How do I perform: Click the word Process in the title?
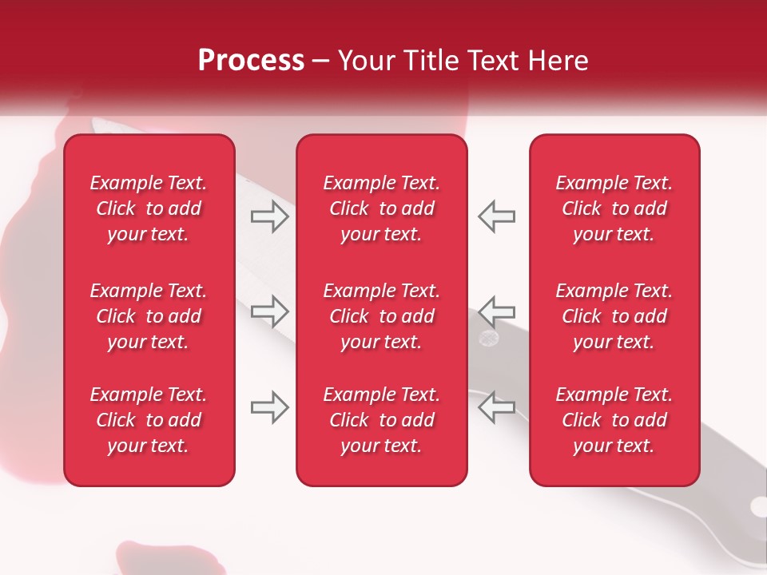pyautogui.click(x=251, y=61)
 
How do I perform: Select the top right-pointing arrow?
pyautogui.click(x=270, y=216)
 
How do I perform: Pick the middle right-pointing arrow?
pyautogui.click(x=270, y=310)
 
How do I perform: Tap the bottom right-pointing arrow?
pyautogui.click(x=270, y=407)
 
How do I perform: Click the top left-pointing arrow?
pyautogui.click(x=496, y=216)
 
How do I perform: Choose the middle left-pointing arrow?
pyautogui.click(x=496, y=310)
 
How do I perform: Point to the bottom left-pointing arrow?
pyautogui.click(x=496, y=407)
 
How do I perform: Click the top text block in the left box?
pyautogui.click(x=149, y=208)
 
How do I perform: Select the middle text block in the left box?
pyautogui.click(x=149, y=316)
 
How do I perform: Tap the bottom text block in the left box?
pyautogui.click(x=149, y=420)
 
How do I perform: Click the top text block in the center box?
pyautogui.click(x=381, y=208)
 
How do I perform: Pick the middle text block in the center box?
pyautogui.click(x=381, y=316)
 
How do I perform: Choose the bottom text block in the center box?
pyautogui.click(x=381, y=420)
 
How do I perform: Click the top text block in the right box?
pyautogui.click(x=614, y=208)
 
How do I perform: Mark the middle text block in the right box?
pyautogui.click(x=614, y=316)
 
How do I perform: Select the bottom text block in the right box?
pyautogui.click(x=614, y=420)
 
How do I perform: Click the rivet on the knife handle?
pyautogui.click(x=487, y=339)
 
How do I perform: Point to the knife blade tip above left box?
pyautogui.click(x=100, y=125)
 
